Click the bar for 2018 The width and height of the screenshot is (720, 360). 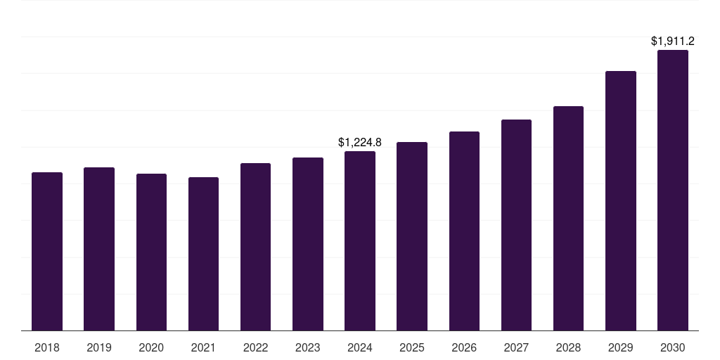[47, 251]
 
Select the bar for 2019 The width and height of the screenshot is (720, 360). [99, 249]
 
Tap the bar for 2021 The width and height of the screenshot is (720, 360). [203, 254]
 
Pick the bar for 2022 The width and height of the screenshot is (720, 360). [255, 247]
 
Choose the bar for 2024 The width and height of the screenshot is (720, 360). [360, 240]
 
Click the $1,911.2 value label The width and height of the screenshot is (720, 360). [673, 41]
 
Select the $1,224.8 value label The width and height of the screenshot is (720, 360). [360, 143]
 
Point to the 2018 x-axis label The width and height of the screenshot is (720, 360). [47, 347]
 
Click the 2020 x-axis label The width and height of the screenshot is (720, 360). [151, 347]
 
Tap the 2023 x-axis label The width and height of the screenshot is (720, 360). [308, 347]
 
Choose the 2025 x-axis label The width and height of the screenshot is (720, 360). [412, 347]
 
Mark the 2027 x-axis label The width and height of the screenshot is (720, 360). [516, 347]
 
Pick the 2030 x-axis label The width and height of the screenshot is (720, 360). [673, 347]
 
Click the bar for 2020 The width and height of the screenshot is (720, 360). [151, 252]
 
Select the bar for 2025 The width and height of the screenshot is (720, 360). [412, 236]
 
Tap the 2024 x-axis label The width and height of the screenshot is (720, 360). [360, 347]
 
